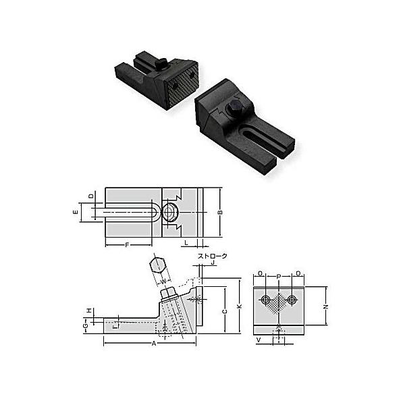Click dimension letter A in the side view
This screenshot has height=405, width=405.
(x=154, y=343)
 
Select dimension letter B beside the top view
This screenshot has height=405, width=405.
(x=219, y=213)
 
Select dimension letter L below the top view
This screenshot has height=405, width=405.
(x=186, y=241)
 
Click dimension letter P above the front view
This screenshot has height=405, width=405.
(x=279, y=275)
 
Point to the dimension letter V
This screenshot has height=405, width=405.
(x=258, y=340)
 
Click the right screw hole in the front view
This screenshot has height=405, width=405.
(x=292, y=299)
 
